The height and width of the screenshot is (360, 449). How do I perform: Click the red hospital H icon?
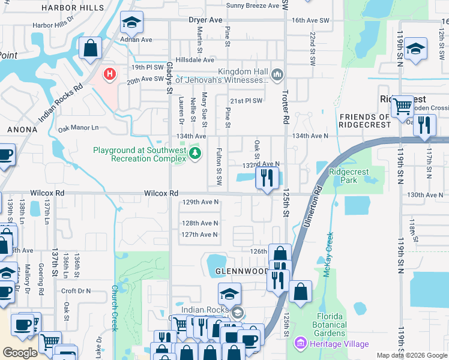tap(109, 74)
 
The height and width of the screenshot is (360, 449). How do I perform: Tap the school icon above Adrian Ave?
tap(131, 23)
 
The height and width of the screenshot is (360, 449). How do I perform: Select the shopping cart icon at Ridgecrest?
tap(402, 107)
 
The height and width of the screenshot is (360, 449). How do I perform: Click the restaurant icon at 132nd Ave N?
tap(265, 178)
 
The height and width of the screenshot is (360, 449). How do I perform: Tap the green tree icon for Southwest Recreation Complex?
tap(194, 154)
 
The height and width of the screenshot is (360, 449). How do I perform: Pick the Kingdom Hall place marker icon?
tap(277, 75)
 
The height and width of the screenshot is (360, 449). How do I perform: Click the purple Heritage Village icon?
tap(298, 344)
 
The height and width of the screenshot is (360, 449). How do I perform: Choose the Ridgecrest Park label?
tap(349, 176)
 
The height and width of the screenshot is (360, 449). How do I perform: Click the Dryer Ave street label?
tap(205, 20)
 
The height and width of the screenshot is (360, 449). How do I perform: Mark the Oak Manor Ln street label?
tap(77, 128)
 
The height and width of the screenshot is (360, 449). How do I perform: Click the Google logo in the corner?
tap(20, 353)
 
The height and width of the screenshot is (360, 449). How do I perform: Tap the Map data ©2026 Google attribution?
tap(412, 355)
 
